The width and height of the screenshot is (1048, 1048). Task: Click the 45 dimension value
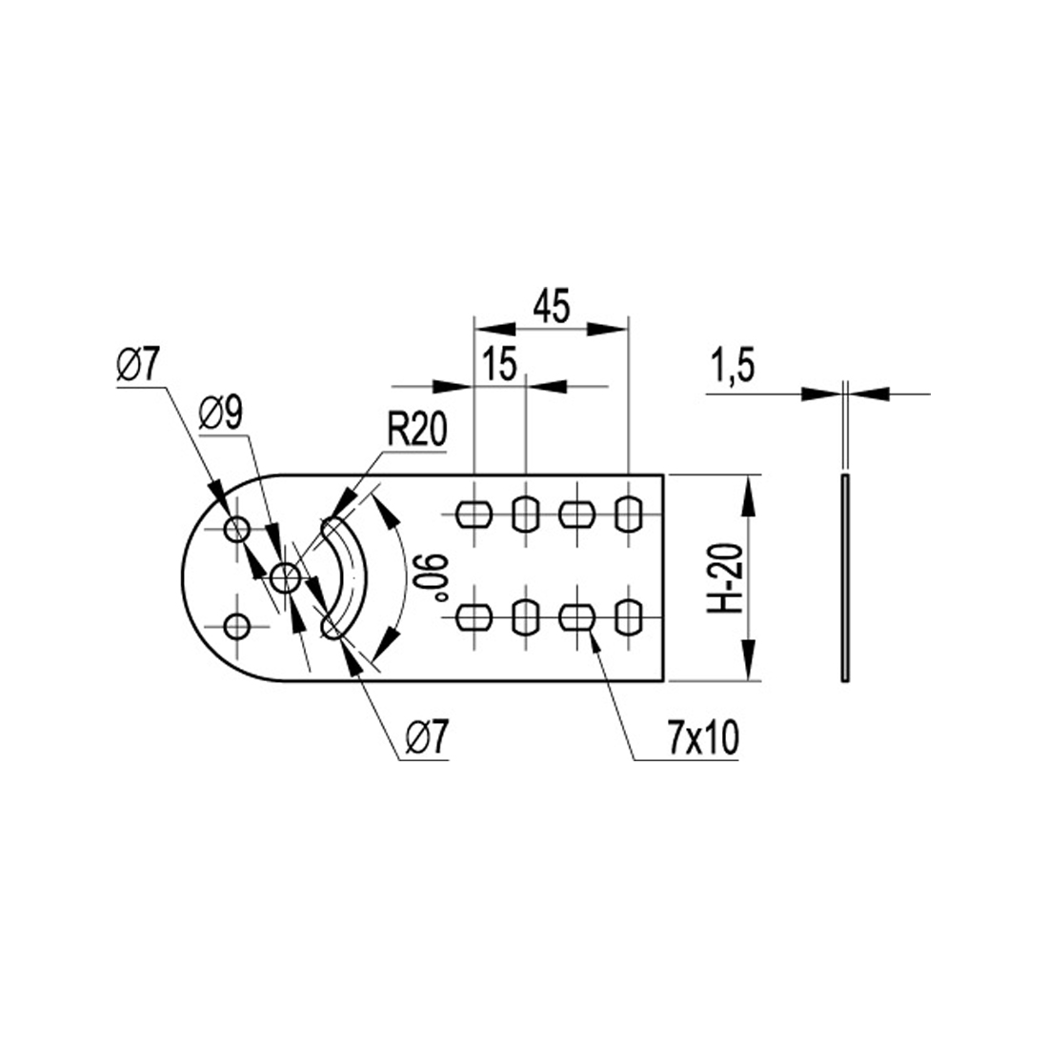(x=551, y=307)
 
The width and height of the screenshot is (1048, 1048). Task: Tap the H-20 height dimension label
(x=727, y=577)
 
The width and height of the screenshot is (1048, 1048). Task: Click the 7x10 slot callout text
(x=701, y=739)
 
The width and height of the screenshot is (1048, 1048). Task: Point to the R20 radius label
(x=416, y=432)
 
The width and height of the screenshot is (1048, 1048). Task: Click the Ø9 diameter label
(x=221, y=414)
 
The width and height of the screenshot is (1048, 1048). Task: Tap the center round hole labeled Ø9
(x=285, y=576)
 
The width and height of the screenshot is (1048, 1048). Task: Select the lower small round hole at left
(x=236, y=626)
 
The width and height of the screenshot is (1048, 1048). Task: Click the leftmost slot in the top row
(x=474, y=514)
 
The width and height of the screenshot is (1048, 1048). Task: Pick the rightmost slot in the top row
(x=629, y=514)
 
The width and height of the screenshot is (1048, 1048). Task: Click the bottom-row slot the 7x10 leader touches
(x=576, y=617)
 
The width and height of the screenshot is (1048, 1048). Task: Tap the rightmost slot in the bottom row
(x=629, y=617)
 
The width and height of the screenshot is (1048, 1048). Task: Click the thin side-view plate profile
(x=844, y=577)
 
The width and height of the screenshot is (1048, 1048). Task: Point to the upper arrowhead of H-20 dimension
(x=750, y=491)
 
